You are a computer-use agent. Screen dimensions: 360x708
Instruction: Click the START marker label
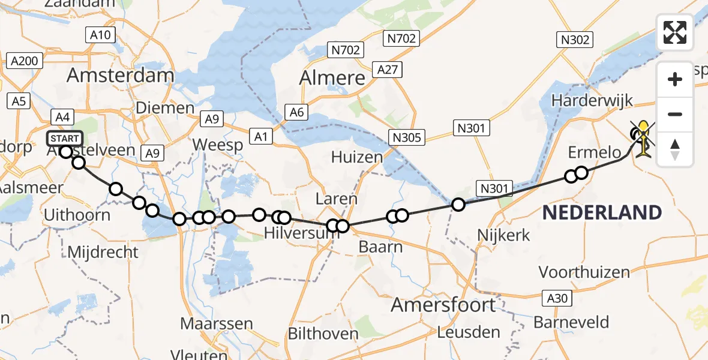(64, 139)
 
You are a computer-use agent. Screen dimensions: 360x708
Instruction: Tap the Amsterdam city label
(120, 76)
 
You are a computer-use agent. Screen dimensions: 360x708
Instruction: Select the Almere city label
(332, 78)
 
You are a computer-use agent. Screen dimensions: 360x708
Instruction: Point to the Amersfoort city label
(443, 305)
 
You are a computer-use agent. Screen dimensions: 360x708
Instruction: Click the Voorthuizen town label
(584, 272)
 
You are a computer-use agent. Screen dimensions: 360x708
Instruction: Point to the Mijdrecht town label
(103, 252)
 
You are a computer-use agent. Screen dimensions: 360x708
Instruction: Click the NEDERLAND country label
(602, 212)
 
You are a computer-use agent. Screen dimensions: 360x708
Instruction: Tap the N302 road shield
(575, 40)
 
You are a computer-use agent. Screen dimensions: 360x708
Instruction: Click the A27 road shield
(387, 70)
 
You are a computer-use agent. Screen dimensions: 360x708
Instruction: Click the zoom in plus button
(675, 79)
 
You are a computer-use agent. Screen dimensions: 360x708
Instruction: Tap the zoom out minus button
(675, 114)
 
